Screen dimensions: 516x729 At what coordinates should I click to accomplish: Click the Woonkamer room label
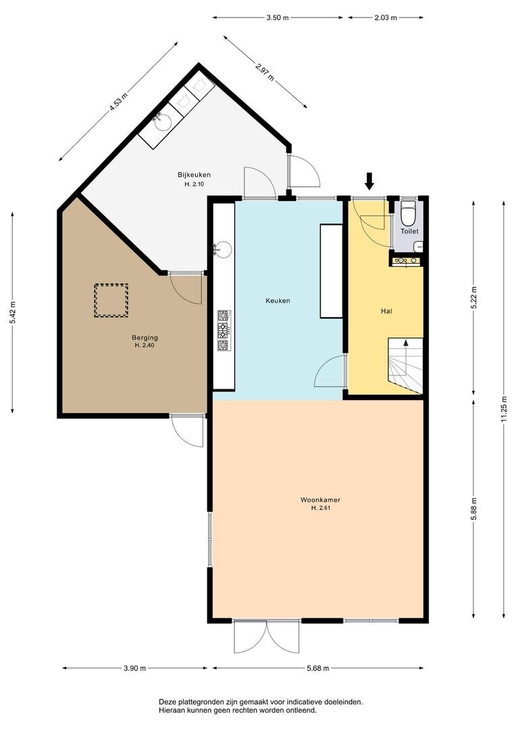click(x=320, y=500)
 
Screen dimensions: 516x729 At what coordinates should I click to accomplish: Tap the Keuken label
click(x=278, y=301)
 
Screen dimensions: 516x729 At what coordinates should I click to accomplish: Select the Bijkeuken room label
click(x=194, y=175)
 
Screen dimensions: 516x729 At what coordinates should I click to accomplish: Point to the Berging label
click(x=145, y=337)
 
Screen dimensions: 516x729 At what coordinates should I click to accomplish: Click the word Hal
click(x=386, y=310)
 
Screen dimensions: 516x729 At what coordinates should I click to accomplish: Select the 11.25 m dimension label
click(x=504, y=409)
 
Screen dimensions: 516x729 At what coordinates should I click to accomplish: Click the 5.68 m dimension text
click(x=318, y=668)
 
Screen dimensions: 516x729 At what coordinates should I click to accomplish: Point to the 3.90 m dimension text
click(x=135, y=668)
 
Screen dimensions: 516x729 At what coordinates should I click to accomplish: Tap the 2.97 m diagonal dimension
click(x=265, y=72)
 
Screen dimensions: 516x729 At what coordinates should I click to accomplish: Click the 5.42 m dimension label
click(x=13, y=313)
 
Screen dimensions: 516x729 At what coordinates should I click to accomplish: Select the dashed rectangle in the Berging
click(x=111, y=300)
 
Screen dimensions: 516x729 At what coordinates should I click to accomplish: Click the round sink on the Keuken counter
click(x=224, y=248)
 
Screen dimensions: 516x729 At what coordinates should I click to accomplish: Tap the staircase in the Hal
click(x=405, y=366)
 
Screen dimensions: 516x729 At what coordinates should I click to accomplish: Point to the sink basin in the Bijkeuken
click(x=162, y=122)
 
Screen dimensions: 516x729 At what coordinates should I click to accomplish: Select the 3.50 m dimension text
click(x=278, y=18)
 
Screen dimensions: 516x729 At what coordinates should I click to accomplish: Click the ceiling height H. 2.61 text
click(x=321, y=508)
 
